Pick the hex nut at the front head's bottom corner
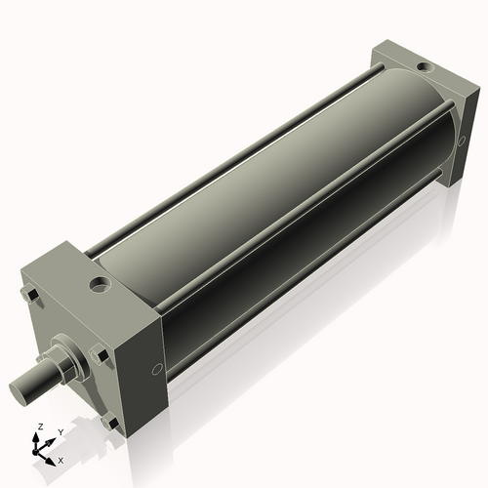[x=109, y=423]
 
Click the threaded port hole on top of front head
[x=100, y=286]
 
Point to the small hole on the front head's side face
[x=157, y=369]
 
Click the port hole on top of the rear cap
[x=423, y=66]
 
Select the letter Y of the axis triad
[x=60, y=431]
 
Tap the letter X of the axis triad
[x=61, y=459]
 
